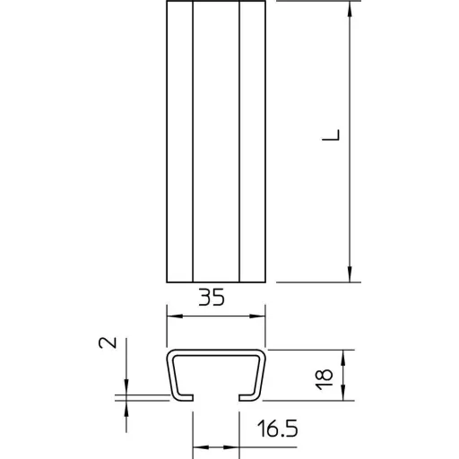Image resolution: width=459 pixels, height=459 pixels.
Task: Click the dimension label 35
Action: coord(212,298)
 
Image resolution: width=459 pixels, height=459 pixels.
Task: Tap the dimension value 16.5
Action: coord(277,429)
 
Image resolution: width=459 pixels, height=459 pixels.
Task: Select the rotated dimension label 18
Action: coord(325,379)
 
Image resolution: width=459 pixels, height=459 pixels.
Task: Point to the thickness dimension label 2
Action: coord(108,342)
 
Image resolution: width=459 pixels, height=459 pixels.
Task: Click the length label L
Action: coord(331,134)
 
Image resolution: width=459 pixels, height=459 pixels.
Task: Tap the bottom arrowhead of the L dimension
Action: coord(350,274)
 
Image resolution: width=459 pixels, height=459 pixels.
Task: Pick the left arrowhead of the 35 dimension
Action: coord(175,316)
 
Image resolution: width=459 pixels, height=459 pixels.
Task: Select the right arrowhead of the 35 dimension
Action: coord(257,316)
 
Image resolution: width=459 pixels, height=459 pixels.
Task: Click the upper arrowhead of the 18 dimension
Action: coord(343,358)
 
